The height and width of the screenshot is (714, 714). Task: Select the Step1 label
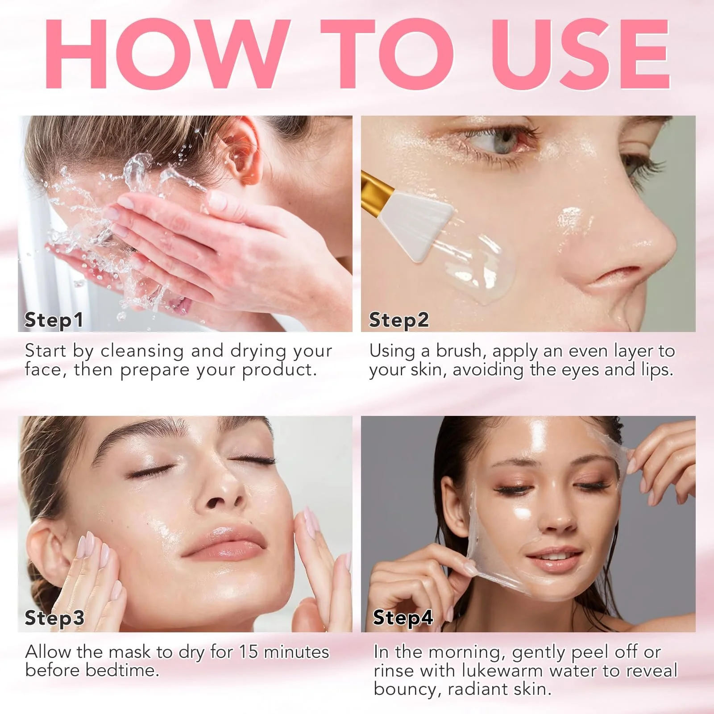[x=54, y=320]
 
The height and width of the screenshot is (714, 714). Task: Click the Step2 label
[x=399, y=320]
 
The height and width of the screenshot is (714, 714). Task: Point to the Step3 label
[x=54, y=619]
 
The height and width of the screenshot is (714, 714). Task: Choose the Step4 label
[x=403, y=619]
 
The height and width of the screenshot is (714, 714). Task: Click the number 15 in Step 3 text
[x=249, y=652]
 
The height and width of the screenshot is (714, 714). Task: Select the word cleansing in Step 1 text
[x=142, y=352]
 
